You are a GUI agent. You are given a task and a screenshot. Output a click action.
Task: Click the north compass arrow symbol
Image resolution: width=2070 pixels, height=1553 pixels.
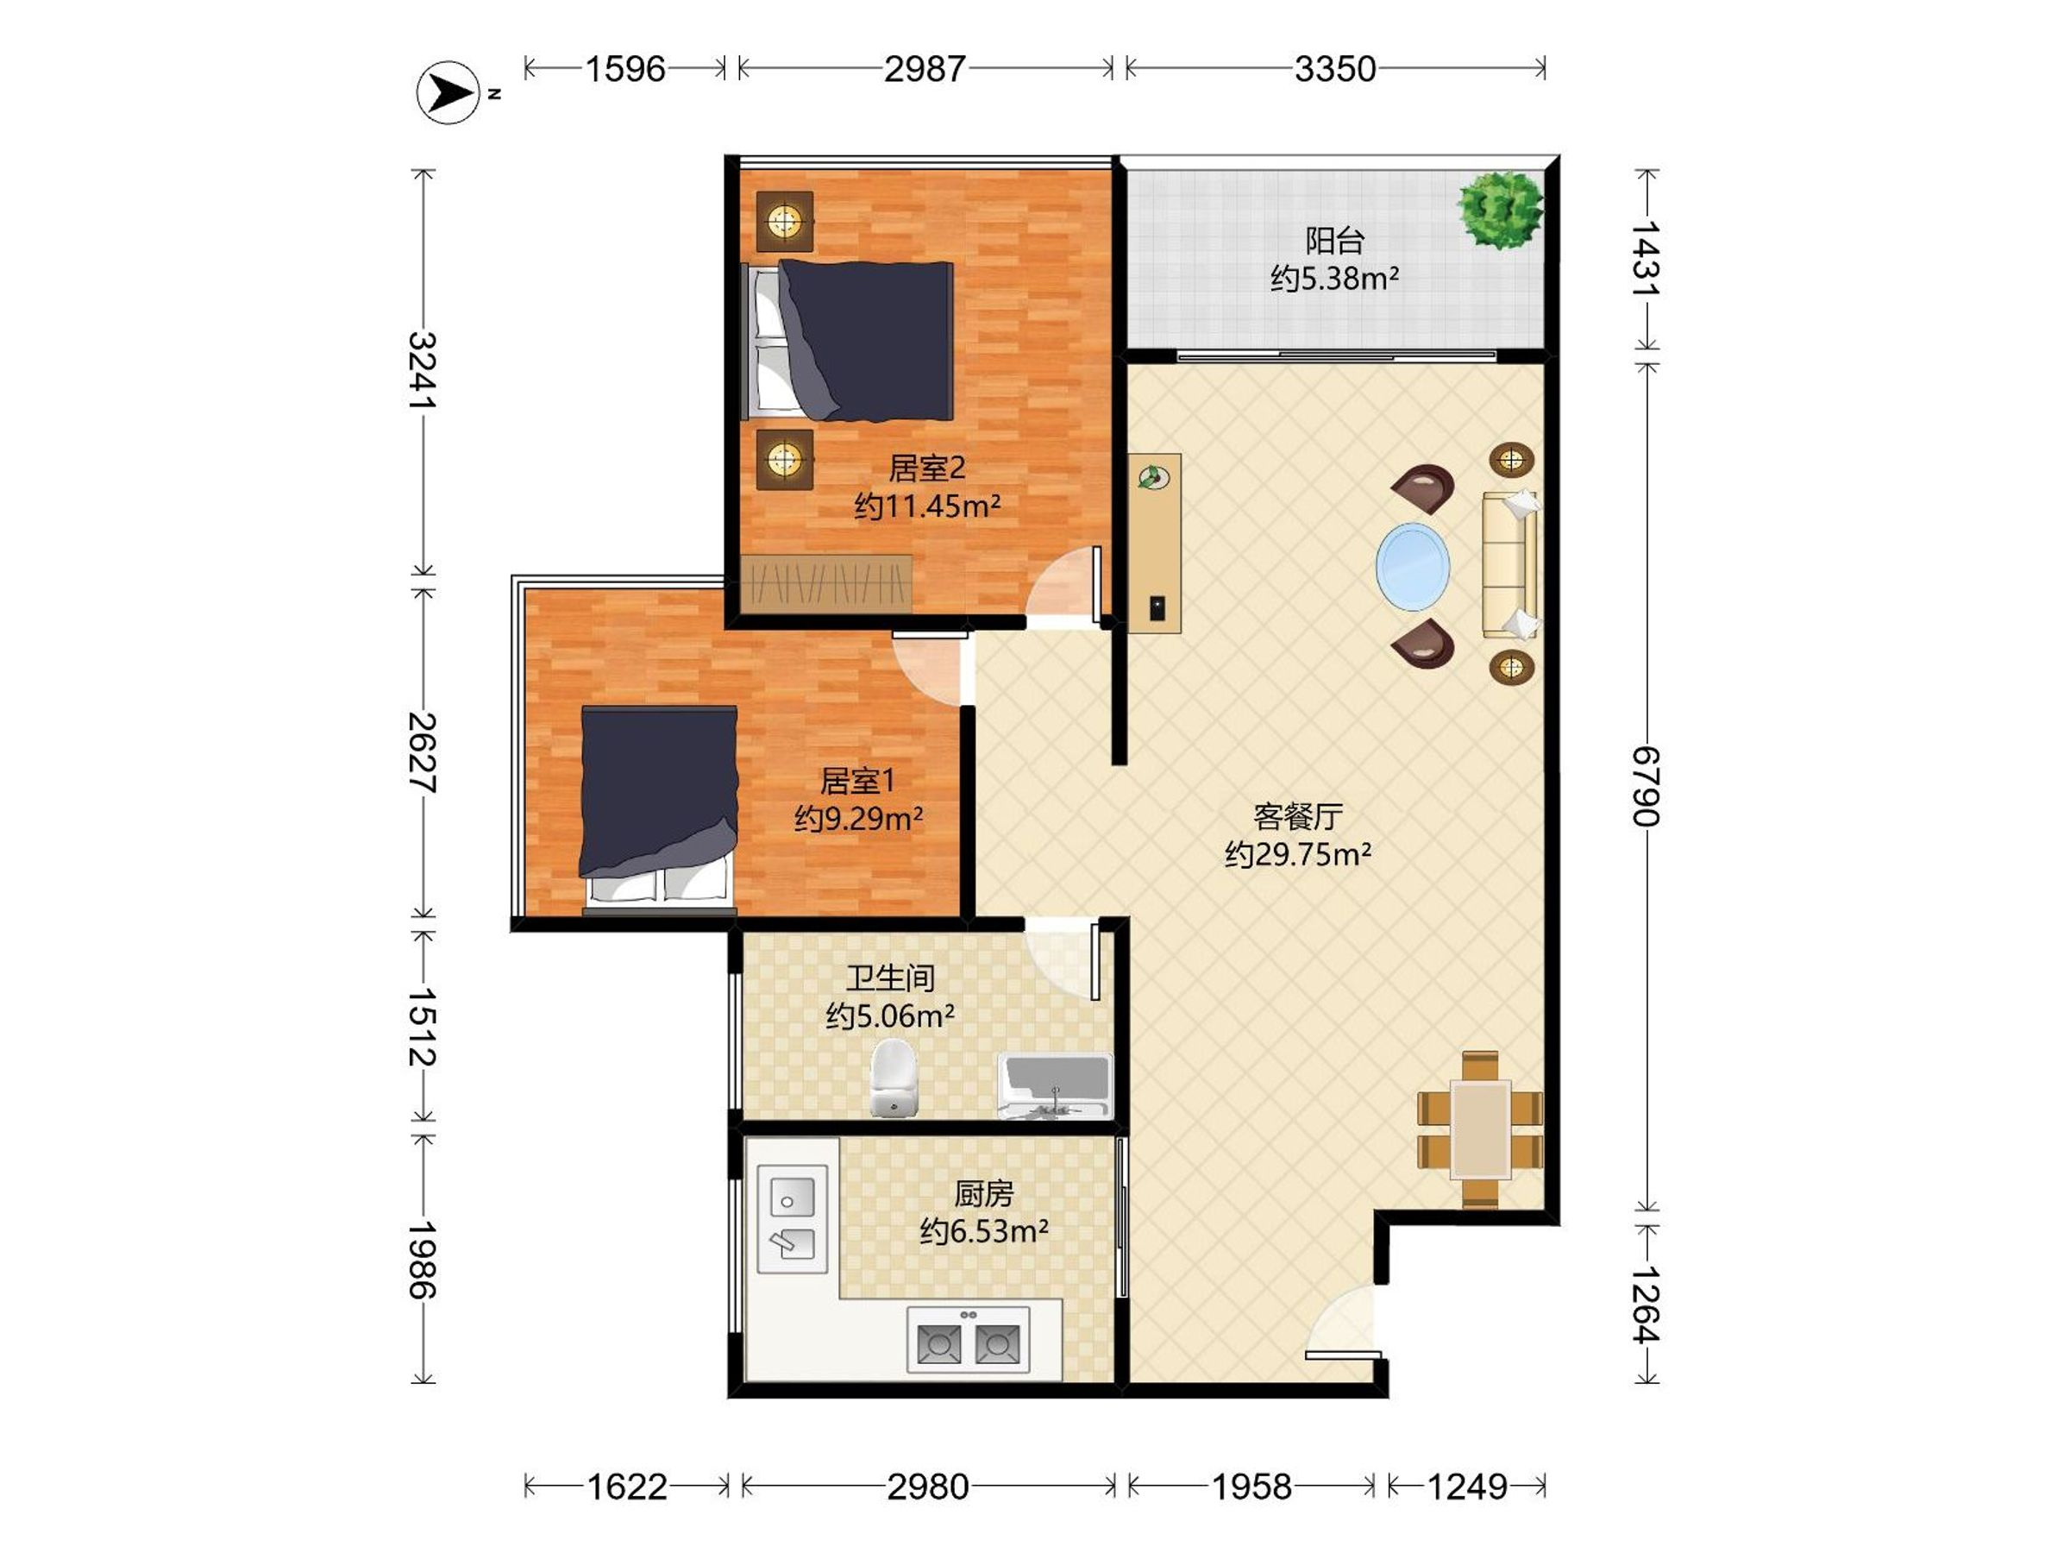[449, 92]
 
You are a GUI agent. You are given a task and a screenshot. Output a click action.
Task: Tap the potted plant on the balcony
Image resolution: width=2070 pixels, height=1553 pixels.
[1500, 210]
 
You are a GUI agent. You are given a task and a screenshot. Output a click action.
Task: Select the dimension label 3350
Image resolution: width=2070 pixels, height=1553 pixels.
[1335, 68]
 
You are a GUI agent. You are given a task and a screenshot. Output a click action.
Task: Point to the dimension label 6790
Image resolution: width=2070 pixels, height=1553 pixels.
[1646, 786]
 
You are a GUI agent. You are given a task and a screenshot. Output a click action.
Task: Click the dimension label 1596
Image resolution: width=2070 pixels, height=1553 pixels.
[625, 68]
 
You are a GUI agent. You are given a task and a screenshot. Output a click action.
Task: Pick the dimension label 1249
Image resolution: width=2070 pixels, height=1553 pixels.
[1467, 1487]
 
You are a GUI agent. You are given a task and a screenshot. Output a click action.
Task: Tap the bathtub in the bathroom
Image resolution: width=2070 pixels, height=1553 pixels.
[1055, 1086]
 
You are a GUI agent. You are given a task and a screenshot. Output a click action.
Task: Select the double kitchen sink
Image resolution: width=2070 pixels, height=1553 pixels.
[792, 1219]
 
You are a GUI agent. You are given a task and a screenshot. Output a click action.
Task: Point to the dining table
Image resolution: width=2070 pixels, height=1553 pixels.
[1480, 1130]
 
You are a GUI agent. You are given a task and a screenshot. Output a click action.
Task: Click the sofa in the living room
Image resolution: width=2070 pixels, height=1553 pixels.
[1511, 564]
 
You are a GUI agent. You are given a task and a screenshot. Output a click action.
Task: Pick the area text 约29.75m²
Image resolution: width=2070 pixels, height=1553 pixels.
[1298, 855]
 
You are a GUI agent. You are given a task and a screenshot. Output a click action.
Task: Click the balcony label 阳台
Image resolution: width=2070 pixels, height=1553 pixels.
[1334, 242]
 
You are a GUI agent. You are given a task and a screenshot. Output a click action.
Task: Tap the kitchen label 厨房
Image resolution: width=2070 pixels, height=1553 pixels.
[983, 1193]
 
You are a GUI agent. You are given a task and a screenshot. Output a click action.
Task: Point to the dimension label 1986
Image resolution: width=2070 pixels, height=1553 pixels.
[423, 1259]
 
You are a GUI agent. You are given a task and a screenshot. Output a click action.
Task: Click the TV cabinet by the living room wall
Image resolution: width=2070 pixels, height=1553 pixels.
[1154, 544]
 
